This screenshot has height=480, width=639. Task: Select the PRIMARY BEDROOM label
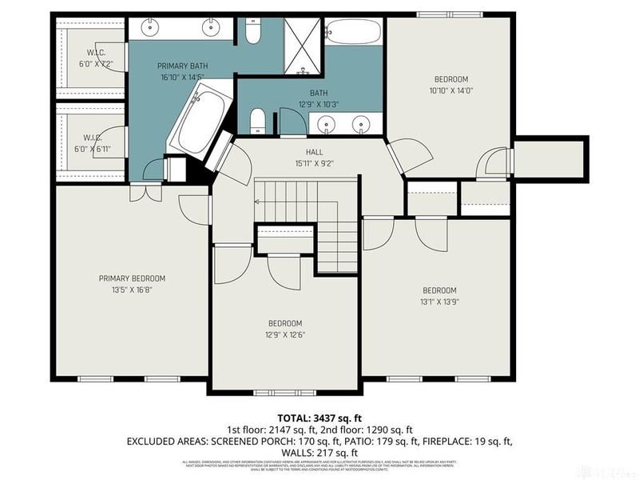coord(132,278)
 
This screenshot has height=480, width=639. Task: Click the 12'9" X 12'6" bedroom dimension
coord(285,334)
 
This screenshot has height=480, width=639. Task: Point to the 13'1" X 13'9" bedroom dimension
coord(439,302)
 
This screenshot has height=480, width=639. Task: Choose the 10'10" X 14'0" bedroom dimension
coord(450,90)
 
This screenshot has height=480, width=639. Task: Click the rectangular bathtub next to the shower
coord(353,32)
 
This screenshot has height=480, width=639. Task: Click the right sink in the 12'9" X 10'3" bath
coord(363,124)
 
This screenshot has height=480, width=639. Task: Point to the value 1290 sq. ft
coord(395,430)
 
